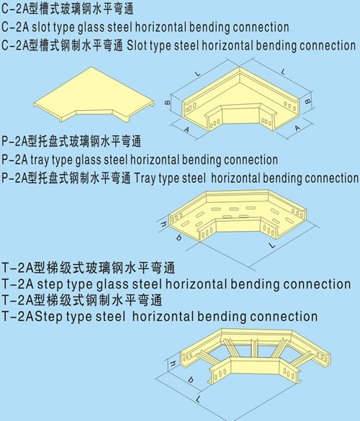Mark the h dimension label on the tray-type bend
(x=163, y=225)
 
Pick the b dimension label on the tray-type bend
(x=179, y=237)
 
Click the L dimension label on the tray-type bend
(x=272, y=245)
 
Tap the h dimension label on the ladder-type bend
(x=173, y=364)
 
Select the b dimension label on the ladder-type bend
(x=191, y=379)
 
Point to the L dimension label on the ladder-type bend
(x=198, y=399)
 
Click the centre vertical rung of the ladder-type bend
(x=254, y=348)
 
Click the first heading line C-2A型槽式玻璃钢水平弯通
(x=67, y=9)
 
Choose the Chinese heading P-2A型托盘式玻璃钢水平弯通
(x=71, y=141)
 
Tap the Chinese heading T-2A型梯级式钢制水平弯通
(x=81, y=300)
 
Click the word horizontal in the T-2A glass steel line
(x=196, y=284)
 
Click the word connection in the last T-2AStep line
(x=284, y=317)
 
